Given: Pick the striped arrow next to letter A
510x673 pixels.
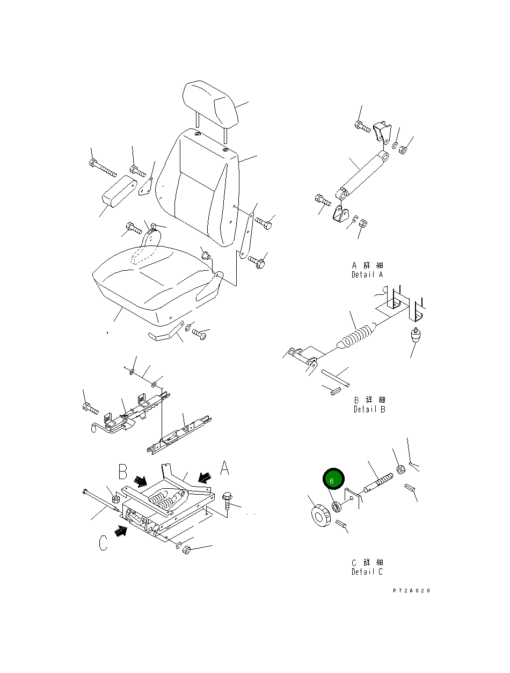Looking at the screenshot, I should (x=204, y=476).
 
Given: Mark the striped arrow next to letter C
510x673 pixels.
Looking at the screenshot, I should (x=122, y=531).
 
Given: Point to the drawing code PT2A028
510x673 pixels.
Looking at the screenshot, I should (x=411, y=591).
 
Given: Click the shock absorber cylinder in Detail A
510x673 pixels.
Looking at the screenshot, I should (x=362, y=173).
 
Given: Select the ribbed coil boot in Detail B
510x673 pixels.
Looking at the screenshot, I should (x=356, y=337).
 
